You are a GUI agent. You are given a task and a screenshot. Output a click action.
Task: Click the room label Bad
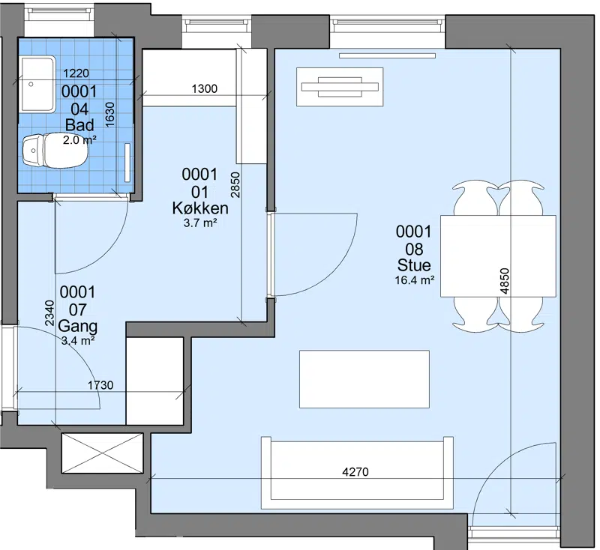point(79,125)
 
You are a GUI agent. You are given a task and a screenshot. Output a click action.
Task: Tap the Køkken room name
point(200,208)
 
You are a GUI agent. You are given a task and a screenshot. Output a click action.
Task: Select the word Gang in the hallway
point(78,327)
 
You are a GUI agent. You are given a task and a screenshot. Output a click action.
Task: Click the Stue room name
point(414,265)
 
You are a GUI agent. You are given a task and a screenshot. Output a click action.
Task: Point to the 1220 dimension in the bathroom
point(76,73)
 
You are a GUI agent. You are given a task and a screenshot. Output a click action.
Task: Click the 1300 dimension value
point(204,88)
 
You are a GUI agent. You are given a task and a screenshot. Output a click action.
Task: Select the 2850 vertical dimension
point(235,185)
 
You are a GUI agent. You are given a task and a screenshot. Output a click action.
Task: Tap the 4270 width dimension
point(355,472)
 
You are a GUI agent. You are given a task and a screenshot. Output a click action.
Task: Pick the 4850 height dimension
point(505,281)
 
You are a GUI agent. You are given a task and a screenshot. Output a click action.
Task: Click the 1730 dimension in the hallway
point(100,385)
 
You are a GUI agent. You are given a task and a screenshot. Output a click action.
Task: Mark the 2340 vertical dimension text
point(49,313)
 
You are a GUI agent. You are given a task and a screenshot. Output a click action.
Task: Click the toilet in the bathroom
point(54,150)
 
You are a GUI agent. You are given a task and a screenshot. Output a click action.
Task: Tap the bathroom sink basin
point(38,84)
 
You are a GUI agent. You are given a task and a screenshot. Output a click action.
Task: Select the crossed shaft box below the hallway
point(102,453)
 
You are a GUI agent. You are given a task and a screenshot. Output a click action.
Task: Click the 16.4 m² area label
point(415,280)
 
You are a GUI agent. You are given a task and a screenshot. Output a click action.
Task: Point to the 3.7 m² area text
point(200,223)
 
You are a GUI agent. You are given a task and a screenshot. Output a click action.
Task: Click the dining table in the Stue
point(498,256)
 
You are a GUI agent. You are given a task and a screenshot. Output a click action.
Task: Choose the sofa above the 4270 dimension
point(357,473)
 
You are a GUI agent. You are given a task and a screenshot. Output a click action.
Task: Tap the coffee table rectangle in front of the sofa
point(364,379)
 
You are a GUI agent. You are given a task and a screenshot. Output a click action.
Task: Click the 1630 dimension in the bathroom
point(109,115)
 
